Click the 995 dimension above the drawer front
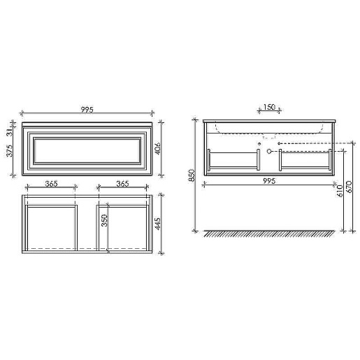(x=87, y=110)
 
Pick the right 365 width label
(x=122, y=183)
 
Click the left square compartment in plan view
(x=51, y=227)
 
